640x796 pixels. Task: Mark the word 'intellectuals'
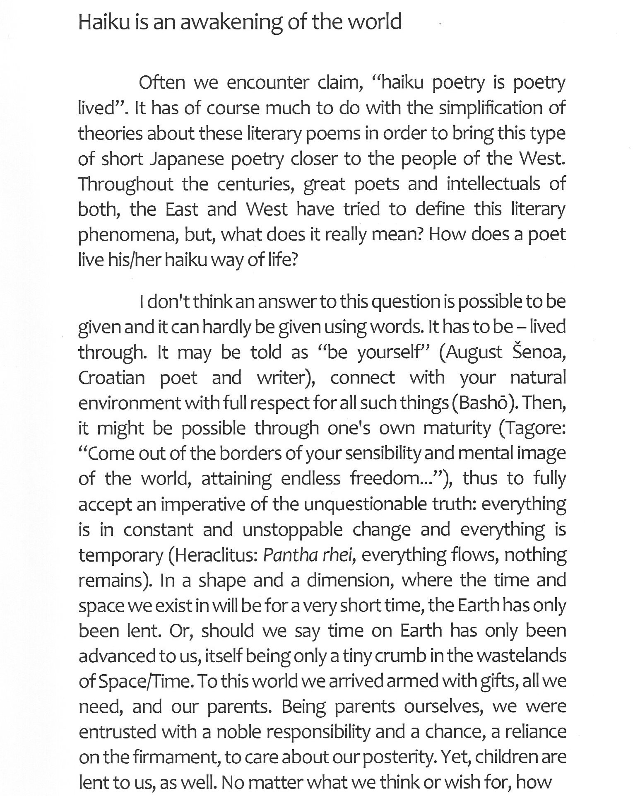pos(493,184)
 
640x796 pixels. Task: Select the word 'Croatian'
pos(111,378)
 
